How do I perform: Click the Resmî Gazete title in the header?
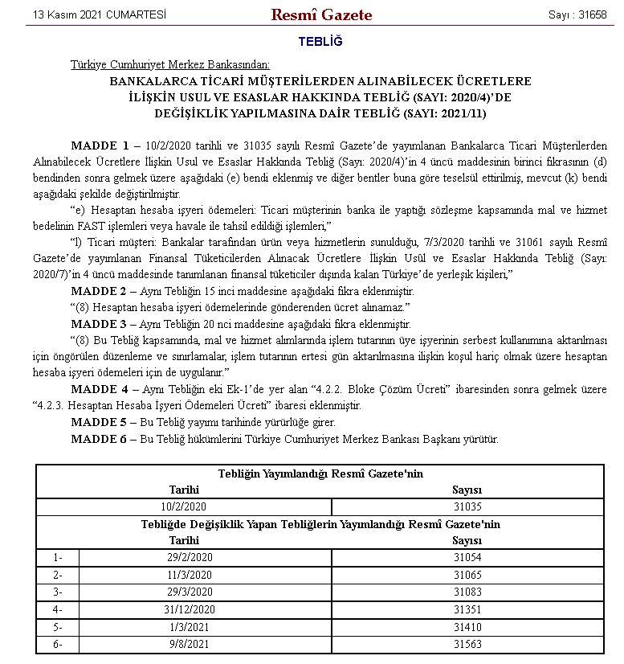321,14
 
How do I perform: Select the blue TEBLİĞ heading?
320,41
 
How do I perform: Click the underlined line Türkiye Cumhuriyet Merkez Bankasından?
170,65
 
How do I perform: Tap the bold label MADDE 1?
100,146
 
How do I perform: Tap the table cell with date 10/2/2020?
184,506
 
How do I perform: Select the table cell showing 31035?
467,506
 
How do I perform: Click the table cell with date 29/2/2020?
184,556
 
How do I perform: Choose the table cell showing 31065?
467,575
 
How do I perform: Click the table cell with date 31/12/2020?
184,609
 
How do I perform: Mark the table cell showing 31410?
467,627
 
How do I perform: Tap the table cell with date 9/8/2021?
184,644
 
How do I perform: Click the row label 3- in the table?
57,592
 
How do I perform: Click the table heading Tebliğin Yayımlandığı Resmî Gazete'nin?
320,473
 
